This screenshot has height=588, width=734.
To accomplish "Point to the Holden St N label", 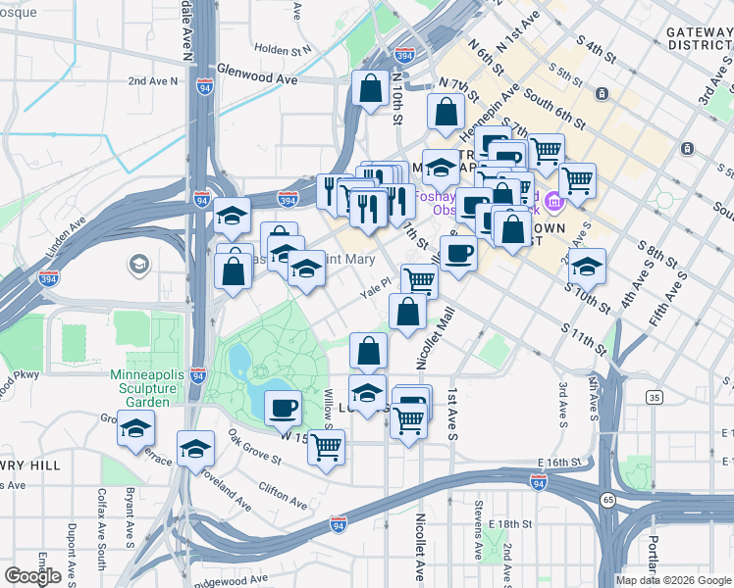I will pos(282,48).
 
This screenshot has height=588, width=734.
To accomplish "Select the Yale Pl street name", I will pos(377,281).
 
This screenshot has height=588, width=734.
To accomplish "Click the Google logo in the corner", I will pos(32,576).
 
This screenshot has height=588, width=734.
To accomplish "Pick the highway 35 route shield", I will pos(654,397).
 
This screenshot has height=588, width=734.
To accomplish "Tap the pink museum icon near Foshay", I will pos(555,202).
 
